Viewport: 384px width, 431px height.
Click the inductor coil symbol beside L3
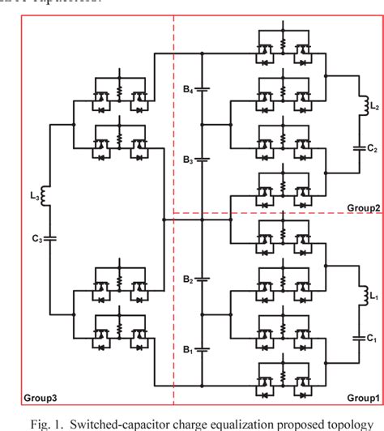pyautogui.click(x=47, y=195)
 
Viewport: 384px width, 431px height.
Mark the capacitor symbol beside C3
pyautogui.click(x=47, y=238)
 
